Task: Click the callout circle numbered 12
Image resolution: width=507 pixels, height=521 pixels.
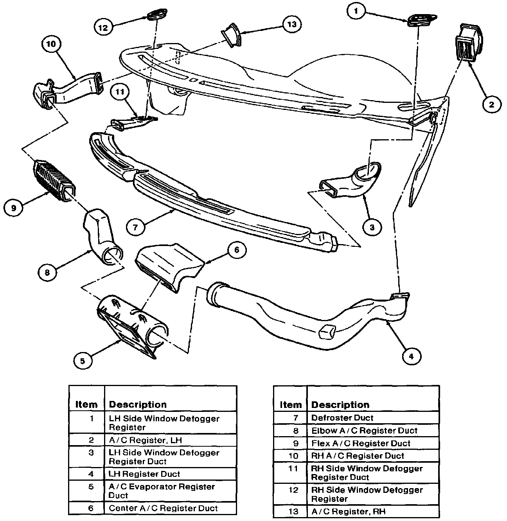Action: [104, 27]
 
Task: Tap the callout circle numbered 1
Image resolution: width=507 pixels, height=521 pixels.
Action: [356, 11]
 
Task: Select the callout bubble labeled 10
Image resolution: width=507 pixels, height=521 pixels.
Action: [52, 44]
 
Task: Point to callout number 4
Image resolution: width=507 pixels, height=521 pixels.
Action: [410, 356]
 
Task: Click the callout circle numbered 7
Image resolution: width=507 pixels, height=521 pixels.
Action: [135, 228]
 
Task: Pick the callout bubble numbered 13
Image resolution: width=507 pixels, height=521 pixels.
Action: [291, 24]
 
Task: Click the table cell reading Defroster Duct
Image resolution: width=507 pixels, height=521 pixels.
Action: [342, 418]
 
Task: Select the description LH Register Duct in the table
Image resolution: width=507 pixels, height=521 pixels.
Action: [144, 474]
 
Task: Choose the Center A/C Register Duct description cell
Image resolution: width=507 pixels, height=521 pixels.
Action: [163, 508]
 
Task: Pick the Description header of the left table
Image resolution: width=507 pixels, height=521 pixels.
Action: [137, 404]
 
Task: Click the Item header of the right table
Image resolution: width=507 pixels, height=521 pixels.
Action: [291, 405]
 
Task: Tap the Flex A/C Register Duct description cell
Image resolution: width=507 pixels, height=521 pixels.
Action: [361, 443]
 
